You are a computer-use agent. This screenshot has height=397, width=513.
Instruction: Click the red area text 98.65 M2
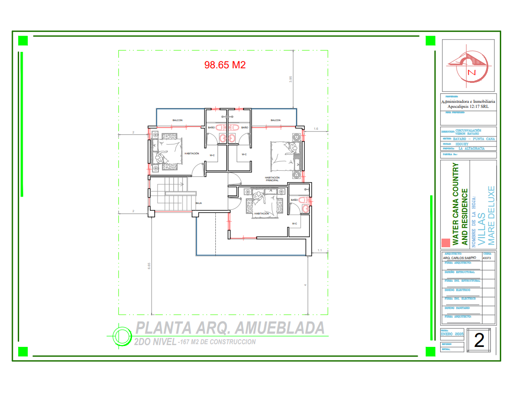(225, 65)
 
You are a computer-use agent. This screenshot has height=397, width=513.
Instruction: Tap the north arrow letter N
(472, 72)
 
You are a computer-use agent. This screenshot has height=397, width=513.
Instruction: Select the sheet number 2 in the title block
(479, 341)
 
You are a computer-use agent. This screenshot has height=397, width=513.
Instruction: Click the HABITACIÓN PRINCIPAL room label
(272, 179)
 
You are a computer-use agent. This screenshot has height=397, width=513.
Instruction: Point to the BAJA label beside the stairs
(198, 203)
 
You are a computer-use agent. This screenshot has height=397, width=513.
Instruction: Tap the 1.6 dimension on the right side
(316, 129)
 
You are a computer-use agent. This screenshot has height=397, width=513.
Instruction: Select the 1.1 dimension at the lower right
(320, 250)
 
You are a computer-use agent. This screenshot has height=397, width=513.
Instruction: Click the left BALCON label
(178, 121)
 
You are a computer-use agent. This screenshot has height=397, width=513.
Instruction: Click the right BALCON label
(275, 121)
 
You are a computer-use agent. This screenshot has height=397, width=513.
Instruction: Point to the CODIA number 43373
(487, 258)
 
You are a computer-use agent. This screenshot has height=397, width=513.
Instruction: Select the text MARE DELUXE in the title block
(491, 215)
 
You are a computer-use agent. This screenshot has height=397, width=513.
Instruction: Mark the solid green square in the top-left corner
(23, 41)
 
